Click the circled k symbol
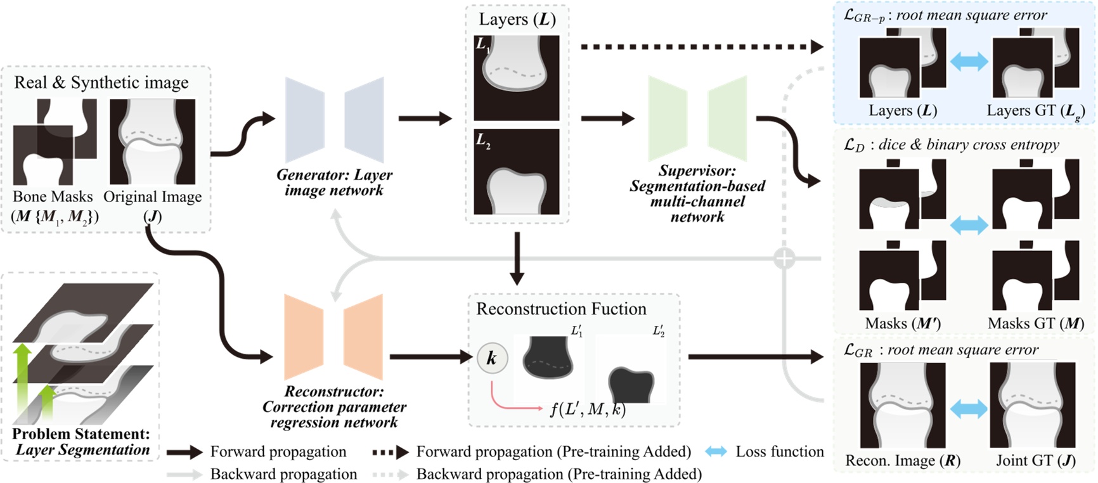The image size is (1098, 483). coord(491,359)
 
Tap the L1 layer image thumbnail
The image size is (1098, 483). coord(516,77)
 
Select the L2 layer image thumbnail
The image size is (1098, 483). coord(516,172)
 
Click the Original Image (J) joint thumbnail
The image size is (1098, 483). coord(152,141)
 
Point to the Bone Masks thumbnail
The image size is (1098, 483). coord(55,141)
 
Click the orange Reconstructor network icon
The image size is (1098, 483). coord(333,337)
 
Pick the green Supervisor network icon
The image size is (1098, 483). coord(697,119)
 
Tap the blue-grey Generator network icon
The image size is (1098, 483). coord(334,120)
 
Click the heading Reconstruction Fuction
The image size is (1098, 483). coord(561,309)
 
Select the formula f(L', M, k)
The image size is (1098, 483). coord(588,409)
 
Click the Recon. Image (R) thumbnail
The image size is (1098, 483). coord(902,405)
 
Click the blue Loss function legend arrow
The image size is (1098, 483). coord(716,452)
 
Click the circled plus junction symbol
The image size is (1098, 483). coord(785,258)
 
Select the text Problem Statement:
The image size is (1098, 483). coord(81,434)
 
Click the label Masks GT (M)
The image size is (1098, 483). coord(1035,323)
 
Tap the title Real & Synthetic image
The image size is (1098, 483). coord(101,82)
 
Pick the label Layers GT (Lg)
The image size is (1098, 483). coord(1035,111)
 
